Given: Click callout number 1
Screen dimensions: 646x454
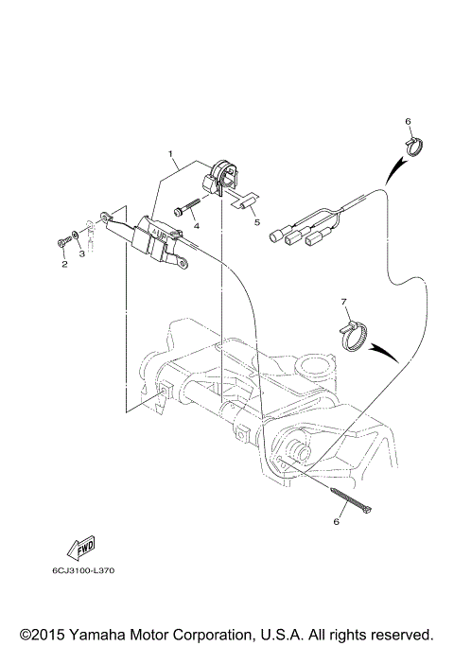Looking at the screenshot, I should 171,152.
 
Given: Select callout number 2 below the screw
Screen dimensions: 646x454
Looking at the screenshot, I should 64,265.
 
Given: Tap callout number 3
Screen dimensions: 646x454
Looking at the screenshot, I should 81,253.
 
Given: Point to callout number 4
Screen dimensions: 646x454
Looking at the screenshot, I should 196,227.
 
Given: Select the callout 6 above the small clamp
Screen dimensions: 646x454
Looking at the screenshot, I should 408,122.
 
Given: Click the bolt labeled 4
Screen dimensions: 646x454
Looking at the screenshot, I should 187,207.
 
